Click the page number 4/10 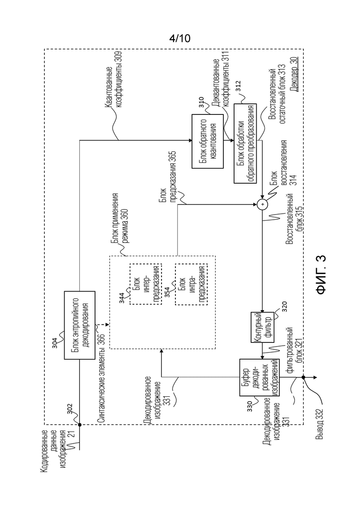tap(180, 39)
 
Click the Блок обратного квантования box tap(207, 141)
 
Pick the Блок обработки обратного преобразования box tap(245, 144)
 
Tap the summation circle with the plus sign tap(262, 204)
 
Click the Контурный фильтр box tap(263, 327)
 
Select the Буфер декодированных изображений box tap(259, 377)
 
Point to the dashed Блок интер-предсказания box tap(146, 284)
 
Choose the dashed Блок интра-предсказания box tap(191, 284)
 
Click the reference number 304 tap(55, 343)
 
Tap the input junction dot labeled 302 tap(79, 425)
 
